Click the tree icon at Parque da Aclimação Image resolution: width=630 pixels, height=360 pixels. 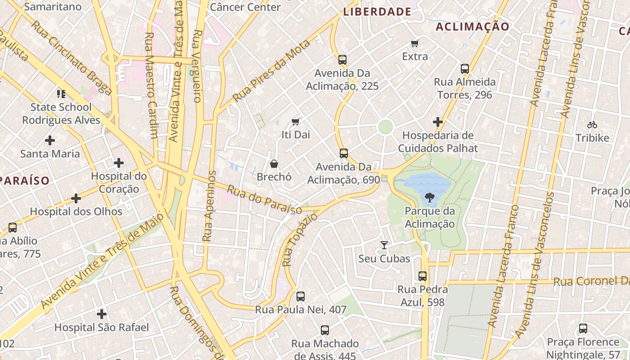[429, 197]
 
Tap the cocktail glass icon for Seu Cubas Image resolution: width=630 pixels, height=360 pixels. [384, 245]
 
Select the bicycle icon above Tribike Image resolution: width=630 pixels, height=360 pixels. [592, 125]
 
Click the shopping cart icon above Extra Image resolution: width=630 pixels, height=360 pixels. [414, 43]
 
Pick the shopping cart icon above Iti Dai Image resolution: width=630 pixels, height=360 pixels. [296, 121]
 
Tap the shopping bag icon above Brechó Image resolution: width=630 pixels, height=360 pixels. [274, 164]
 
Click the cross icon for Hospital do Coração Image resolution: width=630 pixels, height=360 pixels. [119, 162]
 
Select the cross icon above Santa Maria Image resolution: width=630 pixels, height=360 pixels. [50, 140]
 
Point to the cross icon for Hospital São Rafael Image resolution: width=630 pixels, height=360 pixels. [102, 314]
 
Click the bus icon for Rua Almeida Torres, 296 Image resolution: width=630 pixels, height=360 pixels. [465, 69]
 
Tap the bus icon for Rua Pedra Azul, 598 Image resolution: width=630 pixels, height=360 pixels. [422, 276]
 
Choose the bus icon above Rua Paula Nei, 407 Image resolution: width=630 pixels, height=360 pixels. [301, 296]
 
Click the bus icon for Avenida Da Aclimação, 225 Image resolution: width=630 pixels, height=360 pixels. [342, 59]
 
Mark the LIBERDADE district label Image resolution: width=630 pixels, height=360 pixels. [377, 12]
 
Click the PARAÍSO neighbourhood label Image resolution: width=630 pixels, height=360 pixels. [24, 181]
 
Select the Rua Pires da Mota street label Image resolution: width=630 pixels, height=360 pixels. [272, 71]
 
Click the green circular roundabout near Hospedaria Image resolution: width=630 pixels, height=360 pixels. [385, 126]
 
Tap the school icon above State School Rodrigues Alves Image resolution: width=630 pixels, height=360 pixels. [61, 94]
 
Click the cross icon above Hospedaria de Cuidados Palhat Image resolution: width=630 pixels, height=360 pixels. [437, 122]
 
